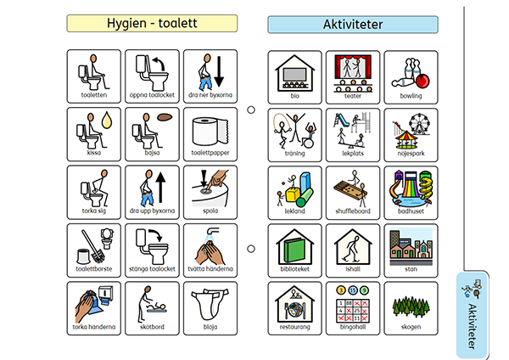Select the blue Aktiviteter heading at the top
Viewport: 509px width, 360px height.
353,25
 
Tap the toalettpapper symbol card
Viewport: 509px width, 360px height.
210,134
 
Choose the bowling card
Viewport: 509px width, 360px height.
411,76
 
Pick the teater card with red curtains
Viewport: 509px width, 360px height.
353,76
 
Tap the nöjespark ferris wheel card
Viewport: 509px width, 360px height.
411,134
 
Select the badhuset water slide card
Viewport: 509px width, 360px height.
411,192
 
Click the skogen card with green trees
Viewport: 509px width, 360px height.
411,307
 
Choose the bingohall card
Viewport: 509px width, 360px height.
353,307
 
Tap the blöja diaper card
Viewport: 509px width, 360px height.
210,307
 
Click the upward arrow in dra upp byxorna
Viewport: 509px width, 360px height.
161,188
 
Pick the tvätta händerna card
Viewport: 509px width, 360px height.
210,250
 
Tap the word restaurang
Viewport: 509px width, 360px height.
294,326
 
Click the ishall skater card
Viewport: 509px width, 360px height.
353,250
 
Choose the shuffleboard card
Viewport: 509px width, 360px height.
353,192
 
